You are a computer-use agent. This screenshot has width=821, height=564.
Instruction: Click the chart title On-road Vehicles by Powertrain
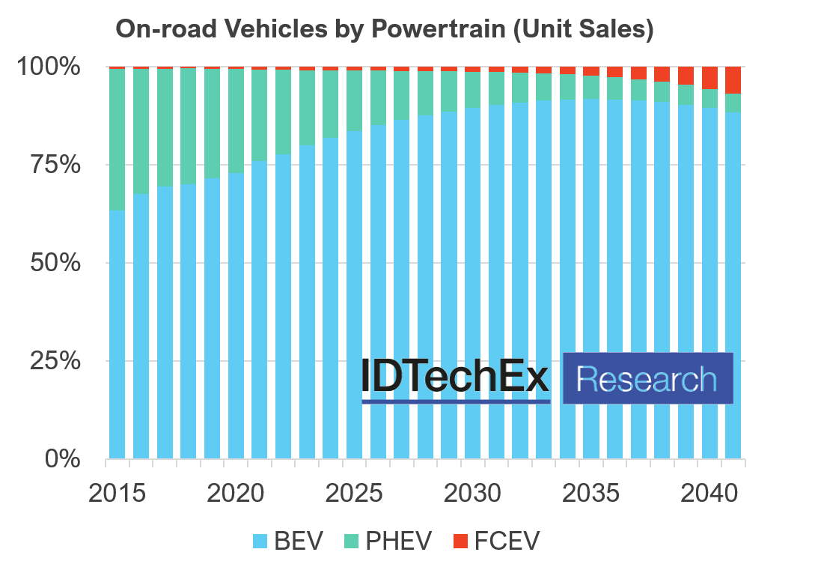tap(384, 28)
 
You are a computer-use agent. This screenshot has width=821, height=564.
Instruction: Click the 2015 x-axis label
tap(116, 494)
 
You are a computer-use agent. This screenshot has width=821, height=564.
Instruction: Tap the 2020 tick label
tap(235, 494)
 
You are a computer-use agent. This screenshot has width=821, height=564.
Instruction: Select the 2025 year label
tap(354, 494)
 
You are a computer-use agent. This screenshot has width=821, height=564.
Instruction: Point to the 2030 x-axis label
tap(473, 494)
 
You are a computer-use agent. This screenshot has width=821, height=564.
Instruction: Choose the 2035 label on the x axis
tap(591, 494)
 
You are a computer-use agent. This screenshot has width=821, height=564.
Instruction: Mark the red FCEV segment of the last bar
tap(733, 80)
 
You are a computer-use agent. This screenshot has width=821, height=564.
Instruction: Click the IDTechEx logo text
tap(455, 376)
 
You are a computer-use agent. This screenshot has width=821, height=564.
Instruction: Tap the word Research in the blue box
tap(647, 379)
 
